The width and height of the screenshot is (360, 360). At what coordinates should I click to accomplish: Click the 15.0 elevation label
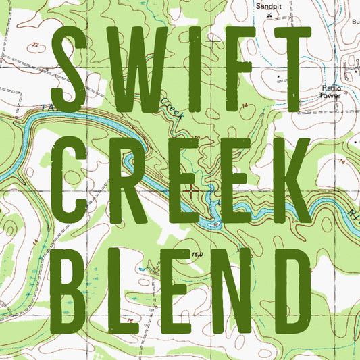point(197,254)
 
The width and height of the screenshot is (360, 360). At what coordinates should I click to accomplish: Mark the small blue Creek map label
point(172,107)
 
